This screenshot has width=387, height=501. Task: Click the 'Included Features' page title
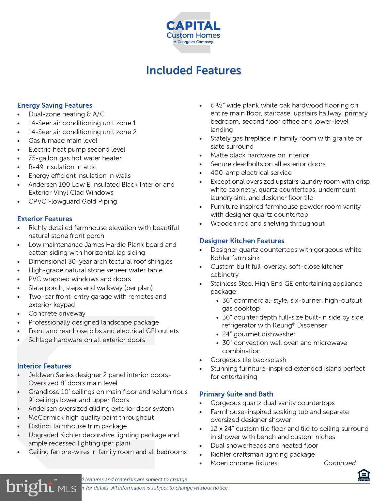pyautogui.click(x=193, y=70)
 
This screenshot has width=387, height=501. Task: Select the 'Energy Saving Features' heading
pyautogui.click(x=54, y=105)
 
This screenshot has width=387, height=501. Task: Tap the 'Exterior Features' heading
pyautogui.click(x=45, y=219)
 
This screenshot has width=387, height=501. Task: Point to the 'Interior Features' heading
pyautogui.click(x=44, y=366)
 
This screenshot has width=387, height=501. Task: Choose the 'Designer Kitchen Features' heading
pyautogui.click(x=242, y=241)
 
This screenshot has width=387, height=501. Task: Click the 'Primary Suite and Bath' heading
pyautogui.click(x=236, y=394)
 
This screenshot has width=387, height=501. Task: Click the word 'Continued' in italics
pyautogui.click(x=339, y=463)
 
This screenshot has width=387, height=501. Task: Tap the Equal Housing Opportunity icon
pyautogui.click(x=364, y=475)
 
